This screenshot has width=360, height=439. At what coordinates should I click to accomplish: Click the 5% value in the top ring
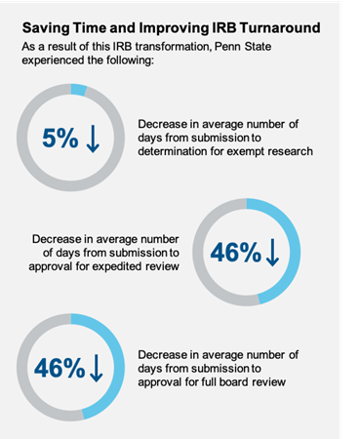[x=59, y=139]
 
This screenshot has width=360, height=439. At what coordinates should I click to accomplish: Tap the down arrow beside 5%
[x=94, y=139]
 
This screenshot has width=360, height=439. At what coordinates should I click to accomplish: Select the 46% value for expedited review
[x=236, y=253]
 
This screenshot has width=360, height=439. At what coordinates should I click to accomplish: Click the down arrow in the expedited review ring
[x=271, y=253]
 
